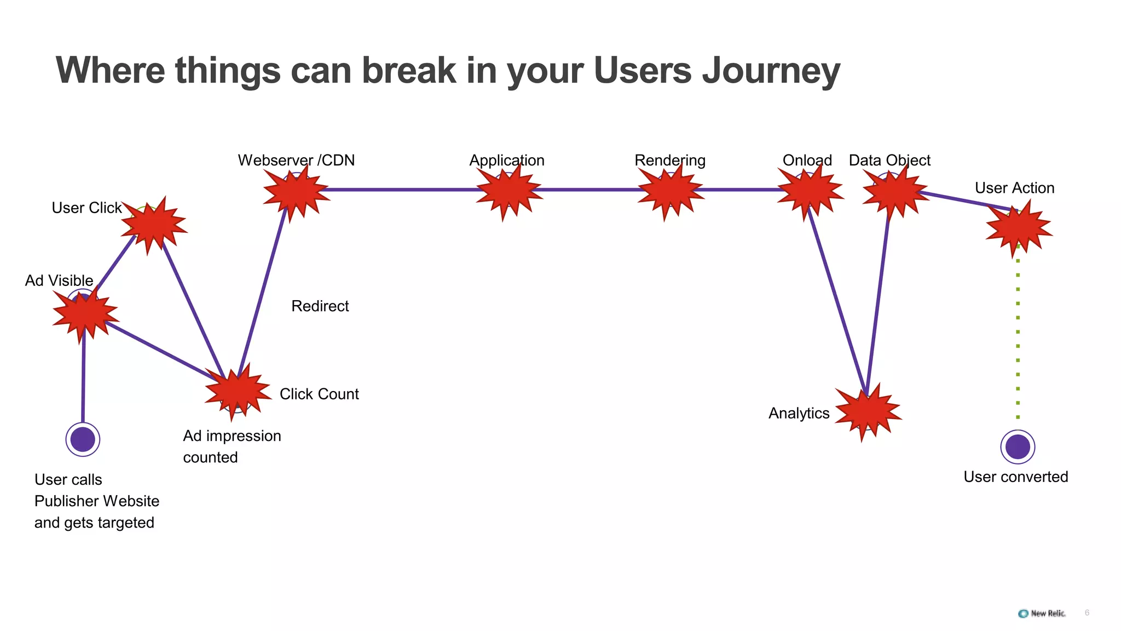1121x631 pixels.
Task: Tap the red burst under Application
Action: (x=509, y=191)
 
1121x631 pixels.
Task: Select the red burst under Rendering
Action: (x=670, y=191)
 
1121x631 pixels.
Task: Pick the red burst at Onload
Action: (x=809, y=191)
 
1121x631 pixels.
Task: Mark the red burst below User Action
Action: (x=1018, y=228)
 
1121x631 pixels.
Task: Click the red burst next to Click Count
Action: (x=237, y=391)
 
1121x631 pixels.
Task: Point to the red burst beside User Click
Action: (x=153, y=225)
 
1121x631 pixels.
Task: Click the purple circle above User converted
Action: (x=1018, y=446)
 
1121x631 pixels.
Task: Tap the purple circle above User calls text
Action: (x=83, y=439)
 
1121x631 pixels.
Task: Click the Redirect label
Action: (x=320, y=306)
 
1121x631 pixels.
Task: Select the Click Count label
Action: (x=319, y=394)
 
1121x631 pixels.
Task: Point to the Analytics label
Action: (x=799, y=414)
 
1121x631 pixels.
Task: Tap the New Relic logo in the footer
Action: (x=1042, y=613)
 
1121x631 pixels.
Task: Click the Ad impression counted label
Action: (x=232, y=446)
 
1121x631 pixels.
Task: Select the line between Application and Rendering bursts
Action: (x=590, y=190)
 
